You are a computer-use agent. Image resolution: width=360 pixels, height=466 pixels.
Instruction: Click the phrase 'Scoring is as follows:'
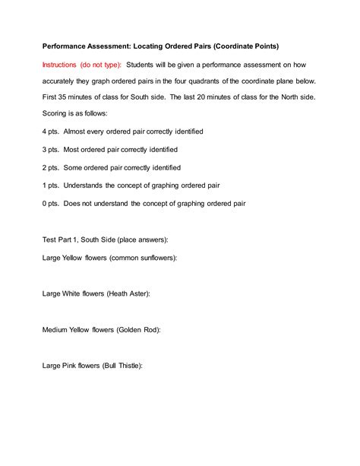(75, 114)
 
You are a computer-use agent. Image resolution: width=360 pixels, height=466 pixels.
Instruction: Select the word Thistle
(128, 365)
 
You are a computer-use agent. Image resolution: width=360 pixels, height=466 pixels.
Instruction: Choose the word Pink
(74, 365)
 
